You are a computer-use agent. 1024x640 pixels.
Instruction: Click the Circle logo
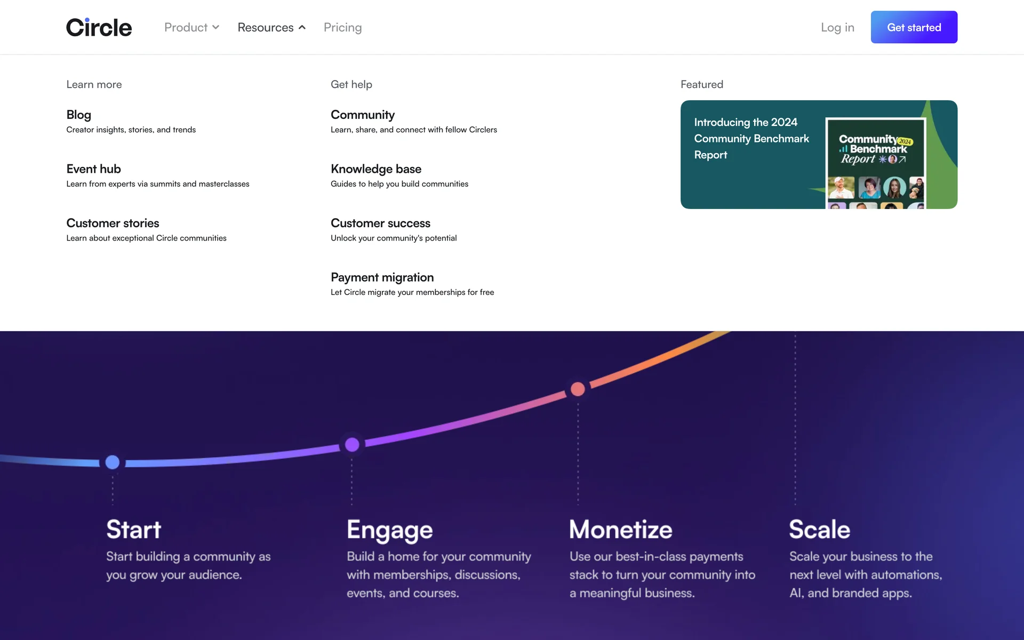pos(99,27)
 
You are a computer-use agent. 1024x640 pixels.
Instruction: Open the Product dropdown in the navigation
pos(191,27)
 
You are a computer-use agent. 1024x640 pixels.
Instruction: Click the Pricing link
pos(342,27)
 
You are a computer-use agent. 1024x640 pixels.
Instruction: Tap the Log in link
pos(837,27)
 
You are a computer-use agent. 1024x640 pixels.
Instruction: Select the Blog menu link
pos(78,115)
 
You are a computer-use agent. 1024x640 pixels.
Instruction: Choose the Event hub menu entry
pos(93,169)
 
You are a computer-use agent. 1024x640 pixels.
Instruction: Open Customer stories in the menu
pos(113,223)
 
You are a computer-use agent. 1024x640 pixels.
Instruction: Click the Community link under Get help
pos(363,115)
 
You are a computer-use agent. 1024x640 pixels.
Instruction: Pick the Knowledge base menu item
pos(376,169)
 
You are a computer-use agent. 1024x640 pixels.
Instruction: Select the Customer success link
pos(380,223)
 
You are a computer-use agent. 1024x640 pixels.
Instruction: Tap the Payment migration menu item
pos(382,277)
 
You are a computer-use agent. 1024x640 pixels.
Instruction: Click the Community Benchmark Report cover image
pos(876,163)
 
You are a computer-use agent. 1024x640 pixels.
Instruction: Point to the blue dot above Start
pos(113,462)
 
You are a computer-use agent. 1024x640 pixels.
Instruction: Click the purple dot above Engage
pos(352,444)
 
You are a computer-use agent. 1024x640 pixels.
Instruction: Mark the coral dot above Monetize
pos(578,389)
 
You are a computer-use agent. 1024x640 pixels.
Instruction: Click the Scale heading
pos(820,530)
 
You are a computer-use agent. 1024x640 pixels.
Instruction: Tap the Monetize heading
pos(621,530)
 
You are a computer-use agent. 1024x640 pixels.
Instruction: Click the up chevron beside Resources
pos(302,27)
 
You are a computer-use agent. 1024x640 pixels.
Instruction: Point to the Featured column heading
pos(702,84)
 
